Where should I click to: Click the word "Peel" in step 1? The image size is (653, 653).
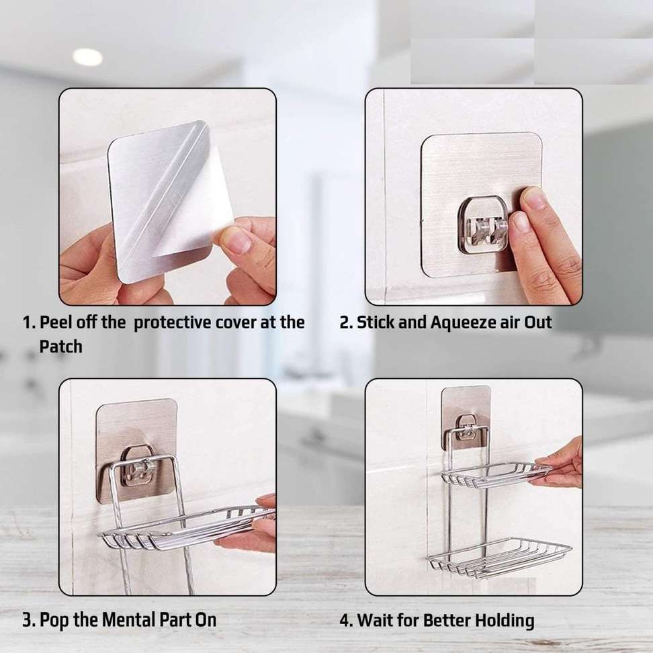(57, 322)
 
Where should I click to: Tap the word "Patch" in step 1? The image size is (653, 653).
(61, 347)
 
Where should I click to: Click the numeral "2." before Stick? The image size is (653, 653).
(346, 322)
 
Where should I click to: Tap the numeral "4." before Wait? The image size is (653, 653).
(347, 620)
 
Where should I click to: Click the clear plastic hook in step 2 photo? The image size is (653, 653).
(482, 224)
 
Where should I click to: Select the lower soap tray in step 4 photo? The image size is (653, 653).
(499, 558)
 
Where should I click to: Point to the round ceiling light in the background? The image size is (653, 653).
(87, 57)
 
